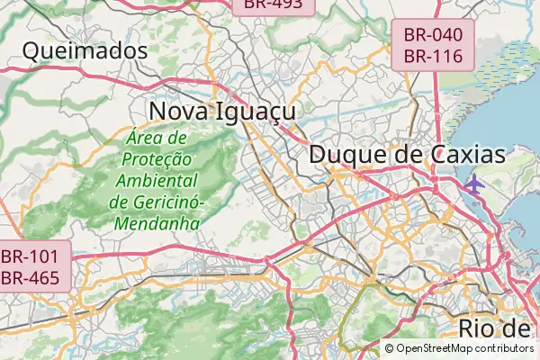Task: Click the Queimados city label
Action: tap(85, 50)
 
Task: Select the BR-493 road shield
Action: tap(277, 4)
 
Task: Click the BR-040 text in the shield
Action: tap(433, 35)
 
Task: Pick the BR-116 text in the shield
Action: tap(433, 56)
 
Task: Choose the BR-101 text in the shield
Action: tap(30, 256)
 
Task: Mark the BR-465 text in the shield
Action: tap(30, 277)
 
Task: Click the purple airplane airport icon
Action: tap(474, 184)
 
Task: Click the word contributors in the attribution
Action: tap(506, 348)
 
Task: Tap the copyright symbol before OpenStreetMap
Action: tap(389, 348)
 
